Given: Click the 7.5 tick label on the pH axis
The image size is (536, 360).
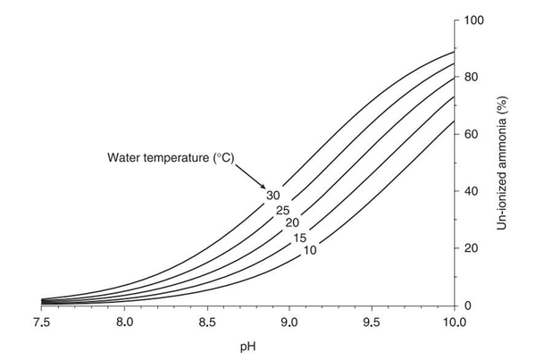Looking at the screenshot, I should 42,321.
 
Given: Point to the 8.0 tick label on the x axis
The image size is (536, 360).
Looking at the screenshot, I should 124,321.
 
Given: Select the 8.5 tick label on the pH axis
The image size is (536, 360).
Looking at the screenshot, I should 206,321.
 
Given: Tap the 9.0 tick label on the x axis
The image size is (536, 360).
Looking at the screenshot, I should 289,321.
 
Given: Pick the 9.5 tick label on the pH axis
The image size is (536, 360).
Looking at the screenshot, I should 372,321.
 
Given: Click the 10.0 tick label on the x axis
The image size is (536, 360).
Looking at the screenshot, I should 454,321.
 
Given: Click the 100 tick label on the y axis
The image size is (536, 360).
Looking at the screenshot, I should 476,20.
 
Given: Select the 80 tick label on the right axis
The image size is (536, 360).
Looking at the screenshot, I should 473,77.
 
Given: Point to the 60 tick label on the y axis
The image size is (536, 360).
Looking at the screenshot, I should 473,134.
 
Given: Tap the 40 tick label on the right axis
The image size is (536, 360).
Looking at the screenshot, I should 473,191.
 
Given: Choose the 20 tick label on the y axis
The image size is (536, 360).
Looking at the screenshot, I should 473,248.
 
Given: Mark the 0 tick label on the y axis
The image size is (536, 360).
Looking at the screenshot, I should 471,306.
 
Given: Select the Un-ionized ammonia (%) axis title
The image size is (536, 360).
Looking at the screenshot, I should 505,163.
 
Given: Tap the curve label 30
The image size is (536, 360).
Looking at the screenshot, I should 273,195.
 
